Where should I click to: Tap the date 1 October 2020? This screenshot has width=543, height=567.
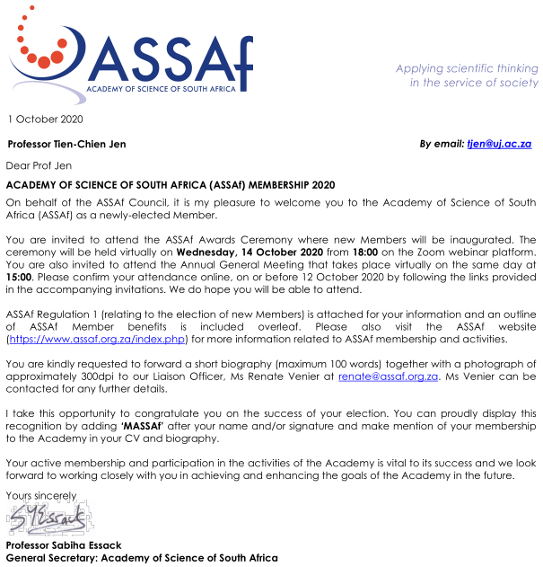click(x=45, y=120)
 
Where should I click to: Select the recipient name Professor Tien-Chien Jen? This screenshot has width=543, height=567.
click(x=66, y=144)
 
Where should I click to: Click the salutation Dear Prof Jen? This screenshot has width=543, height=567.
click(x=39, y=165)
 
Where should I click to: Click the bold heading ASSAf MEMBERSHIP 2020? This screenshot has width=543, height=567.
click(x=171, y=184)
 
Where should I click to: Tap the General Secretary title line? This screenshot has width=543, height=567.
click(x=141, y=558)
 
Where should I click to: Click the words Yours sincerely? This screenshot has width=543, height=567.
click(x=40, y=495)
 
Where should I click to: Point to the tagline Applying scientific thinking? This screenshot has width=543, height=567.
click(x=467, y=68)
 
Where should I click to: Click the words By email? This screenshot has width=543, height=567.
click(x=442, y=144)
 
